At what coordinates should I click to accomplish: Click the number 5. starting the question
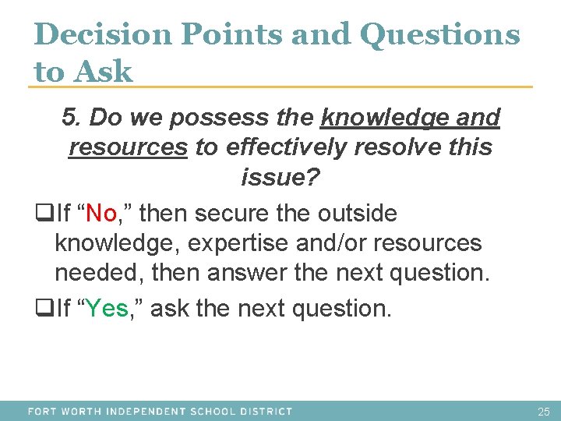coord(72,118)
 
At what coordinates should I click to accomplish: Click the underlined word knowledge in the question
coord(382,118)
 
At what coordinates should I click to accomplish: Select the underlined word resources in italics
coord(129,147)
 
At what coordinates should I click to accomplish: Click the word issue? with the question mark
coord(280,178)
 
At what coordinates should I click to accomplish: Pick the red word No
coord(101,212)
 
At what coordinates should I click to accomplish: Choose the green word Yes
coord(108,309)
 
